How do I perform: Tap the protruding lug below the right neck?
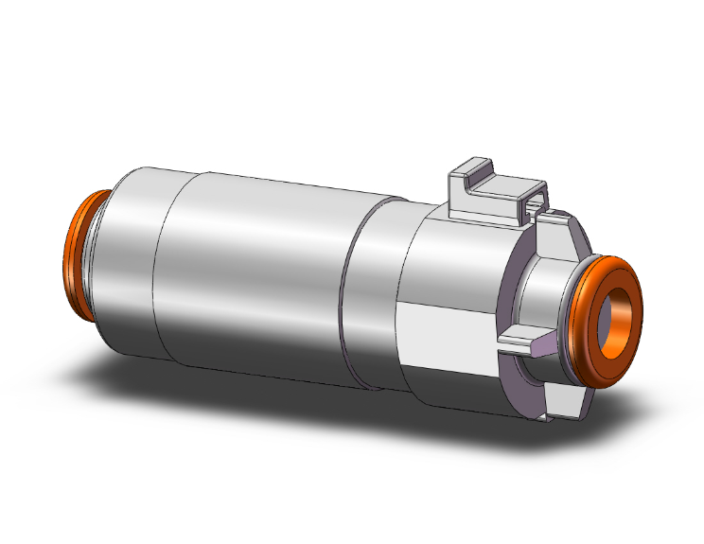[x=525, y=342]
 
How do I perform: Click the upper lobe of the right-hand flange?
[x=558, y=227]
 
